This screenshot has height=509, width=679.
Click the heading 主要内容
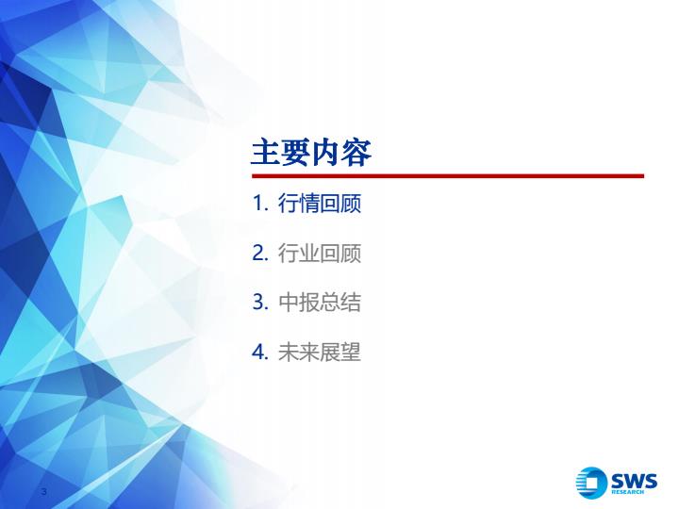(311, 152)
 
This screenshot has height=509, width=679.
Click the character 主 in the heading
(265, 152)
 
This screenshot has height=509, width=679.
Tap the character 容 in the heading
(356, 152)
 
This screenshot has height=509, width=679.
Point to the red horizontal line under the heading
(448, 175)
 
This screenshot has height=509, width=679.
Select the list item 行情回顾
(319, 203)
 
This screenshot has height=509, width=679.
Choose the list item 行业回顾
(319, 253)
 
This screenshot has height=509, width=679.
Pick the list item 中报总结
(319, 303)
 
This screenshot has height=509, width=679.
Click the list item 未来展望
(319, 352)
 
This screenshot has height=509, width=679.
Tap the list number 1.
(260, 203)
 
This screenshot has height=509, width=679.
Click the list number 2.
(260, 253)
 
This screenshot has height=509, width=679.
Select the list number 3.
(260, 303)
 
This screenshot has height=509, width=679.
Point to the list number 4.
(260, 352)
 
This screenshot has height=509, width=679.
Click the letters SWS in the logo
(634, 481)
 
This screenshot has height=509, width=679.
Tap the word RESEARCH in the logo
(627, 492)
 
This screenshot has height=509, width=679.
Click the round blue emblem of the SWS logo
(591, 483)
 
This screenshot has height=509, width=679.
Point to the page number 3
(43, 491)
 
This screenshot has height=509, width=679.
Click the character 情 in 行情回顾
(309, 203)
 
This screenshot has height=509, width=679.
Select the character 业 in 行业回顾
(309, 253)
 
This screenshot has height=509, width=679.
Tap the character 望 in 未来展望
(350, 352)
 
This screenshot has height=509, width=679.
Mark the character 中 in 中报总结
(289, 303)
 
